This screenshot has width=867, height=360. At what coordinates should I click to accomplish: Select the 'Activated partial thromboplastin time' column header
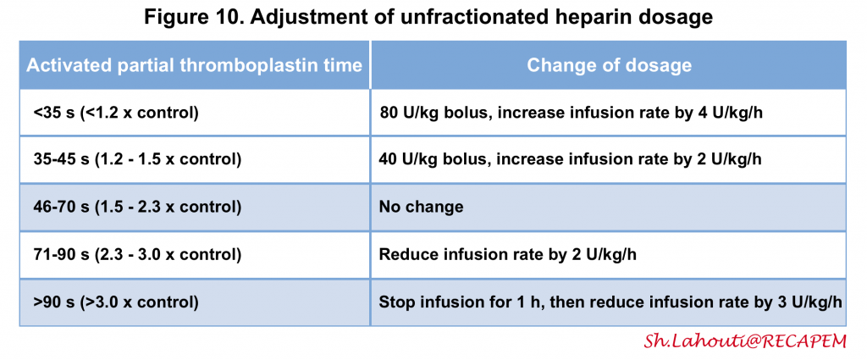195,65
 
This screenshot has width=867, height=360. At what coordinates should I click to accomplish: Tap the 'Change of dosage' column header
609,65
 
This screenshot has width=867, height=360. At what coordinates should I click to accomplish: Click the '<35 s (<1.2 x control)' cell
195,113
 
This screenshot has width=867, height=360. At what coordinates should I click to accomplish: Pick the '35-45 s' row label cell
195,160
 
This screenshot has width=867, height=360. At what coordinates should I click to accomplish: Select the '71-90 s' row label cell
195,255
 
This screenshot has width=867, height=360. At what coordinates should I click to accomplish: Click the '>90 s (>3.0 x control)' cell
195,302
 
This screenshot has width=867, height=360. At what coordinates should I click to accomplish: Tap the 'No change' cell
609,208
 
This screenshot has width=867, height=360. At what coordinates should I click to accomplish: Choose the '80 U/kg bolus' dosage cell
609,113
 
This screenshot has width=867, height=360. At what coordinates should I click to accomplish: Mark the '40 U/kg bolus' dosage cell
609,160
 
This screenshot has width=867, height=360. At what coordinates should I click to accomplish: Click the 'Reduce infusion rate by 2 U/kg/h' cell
609,255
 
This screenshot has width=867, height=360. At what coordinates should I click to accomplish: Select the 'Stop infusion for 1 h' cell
609,302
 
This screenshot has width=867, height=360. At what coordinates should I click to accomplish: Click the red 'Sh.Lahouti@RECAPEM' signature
745,341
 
